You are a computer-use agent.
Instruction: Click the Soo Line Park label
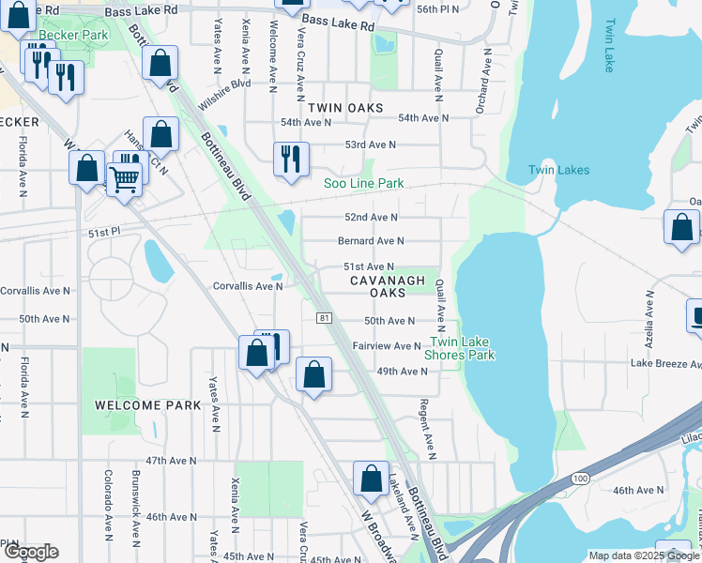364,183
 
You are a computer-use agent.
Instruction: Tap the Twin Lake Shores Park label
460,348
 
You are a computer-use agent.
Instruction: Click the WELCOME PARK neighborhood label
148,404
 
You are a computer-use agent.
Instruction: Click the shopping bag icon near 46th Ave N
371,478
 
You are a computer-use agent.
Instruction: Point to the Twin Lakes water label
558,170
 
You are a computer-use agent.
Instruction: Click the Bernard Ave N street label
371,241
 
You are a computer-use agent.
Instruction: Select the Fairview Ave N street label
387,346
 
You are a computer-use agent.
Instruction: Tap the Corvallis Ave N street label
248,286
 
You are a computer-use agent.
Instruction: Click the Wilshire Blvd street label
224,94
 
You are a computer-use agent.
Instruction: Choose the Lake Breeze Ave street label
665,363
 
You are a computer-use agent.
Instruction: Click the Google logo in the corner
30,552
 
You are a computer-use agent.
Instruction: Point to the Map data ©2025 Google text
643,555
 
